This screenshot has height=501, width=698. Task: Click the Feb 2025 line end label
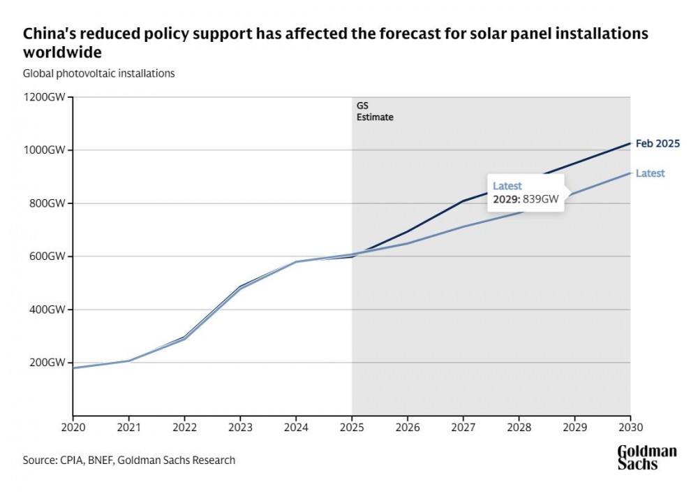[x=658, y=144]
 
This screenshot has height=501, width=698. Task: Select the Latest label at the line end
[x=650, y=173]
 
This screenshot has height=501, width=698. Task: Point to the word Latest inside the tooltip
[x=507, y=186]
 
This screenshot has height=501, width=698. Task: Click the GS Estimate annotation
[x=375, y=112]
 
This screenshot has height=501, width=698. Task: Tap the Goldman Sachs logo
[x=646, y=457]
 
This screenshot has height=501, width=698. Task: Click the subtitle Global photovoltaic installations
[x=98, y=73]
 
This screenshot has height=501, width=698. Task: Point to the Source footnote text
[x=129, y=460]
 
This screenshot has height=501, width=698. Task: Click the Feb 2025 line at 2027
[x=463, y=201]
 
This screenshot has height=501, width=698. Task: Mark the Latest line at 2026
[x=408, y=243]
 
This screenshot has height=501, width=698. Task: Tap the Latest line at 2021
[x=128, y=361]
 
